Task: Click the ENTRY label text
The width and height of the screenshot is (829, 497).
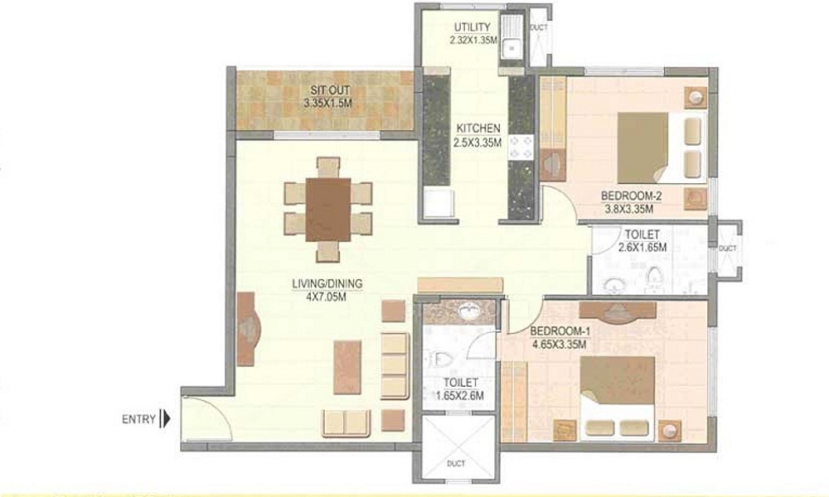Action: pyautogui.click(x=138, y=419)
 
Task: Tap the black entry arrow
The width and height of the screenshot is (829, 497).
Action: pyautogui.click(x=166, y=419)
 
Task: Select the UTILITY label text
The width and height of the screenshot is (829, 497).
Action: pyautogui.click(x=472, y=27)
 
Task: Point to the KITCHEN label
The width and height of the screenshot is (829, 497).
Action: pyautogui.click(x=477, y=128)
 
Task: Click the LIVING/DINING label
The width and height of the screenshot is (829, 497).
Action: pyautogui.click(x=327, y=283)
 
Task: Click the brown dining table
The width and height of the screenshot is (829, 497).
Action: pyautogui.click(x=327, y=210)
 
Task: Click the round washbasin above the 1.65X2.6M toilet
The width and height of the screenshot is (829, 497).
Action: pyautogui.click(x=468, y=313)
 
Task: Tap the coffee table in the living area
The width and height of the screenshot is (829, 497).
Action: pyautogui.click(x=347, y=367)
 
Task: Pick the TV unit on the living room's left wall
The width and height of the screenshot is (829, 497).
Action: pyautogui.click(x=247, y=329)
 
